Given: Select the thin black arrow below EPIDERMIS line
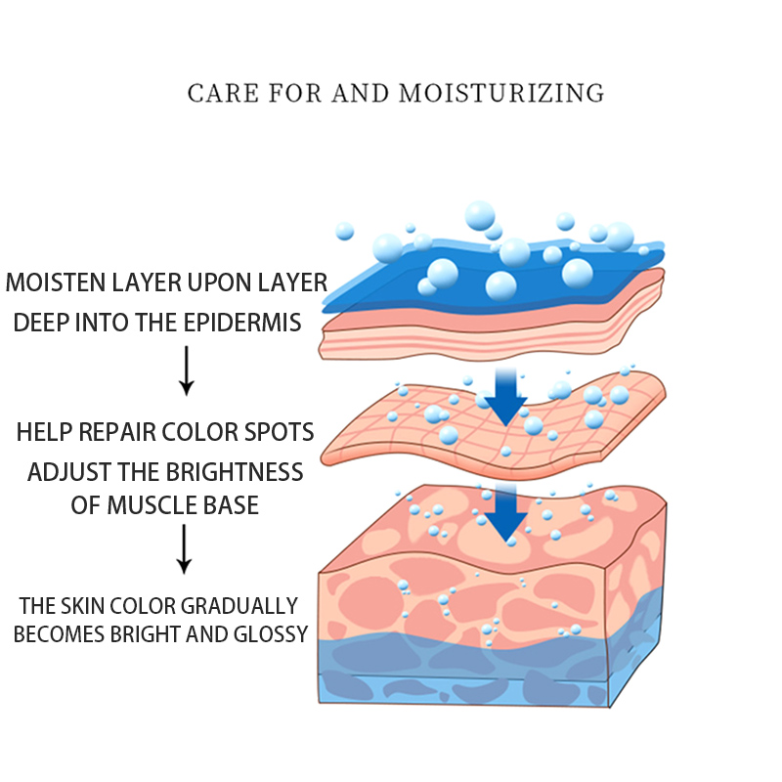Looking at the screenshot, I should coord(186,375).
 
